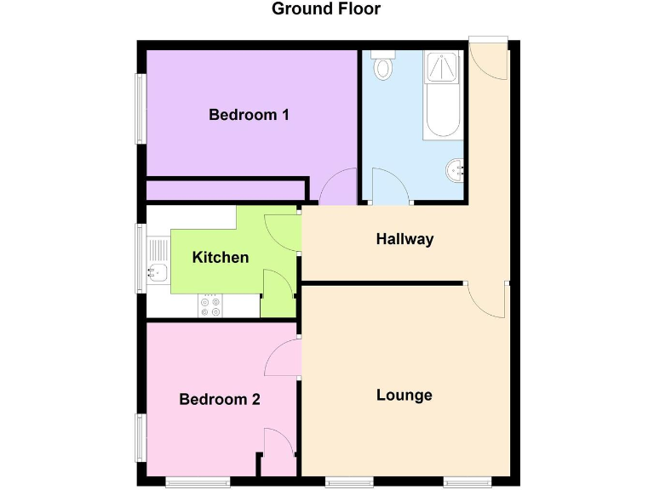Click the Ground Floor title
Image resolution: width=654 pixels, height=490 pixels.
(x=326, y=9)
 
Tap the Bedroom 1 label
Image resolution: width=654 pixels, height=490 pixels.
(x=249, y=115)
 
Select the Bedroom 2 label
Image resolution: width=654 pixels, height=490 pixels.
(x=219, y=399)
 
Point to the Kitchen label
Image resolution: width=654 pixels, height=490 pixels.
(x=221, y=257)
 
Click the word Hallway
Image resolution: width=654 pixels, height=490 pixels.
(x=404, y=239)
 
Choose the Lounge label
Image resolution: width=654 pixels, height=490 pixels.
(x=404, y=395)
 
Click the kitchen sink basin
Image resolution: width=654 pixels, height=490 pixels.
(x=157, y=273)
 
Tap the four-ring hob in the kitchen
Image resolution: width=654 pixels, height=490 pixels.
(x=209, y=306)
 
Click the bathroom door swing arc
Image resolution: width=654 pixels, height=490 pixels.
(x=387, y=186)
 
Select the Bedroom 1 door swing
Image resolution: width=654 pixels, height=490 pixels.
(x=338, y=188)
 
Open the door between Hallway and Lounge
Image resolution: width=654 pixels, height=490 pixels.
(x=486, y=299)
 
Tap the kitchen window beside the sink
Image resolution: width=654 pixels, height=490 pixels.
(x=141, y=258)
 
